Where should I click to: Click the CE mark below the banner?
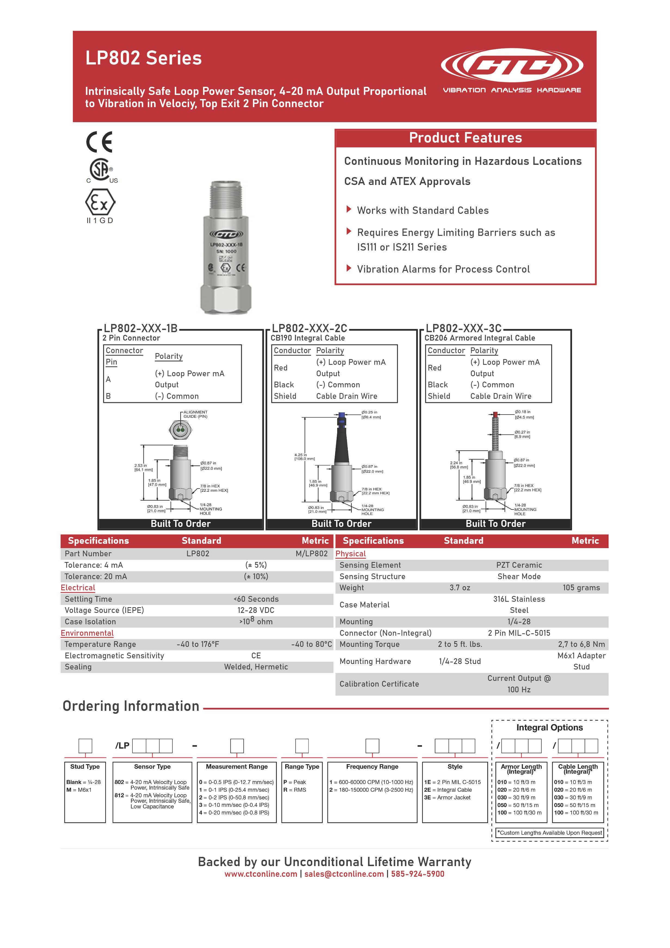99,142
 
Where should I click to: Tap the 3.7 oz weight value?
460,588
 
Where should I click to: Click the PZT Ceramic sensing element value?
519,565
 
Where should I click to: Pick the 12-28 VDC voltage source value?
256,610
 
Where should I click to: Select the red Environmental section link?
87,633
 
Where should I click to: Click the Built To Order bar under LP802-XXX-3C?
495,524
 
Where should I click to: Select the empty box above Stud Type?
85,746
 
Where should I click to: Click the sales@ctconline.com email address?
344,874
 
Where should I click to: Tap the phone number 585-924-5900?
417,874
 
